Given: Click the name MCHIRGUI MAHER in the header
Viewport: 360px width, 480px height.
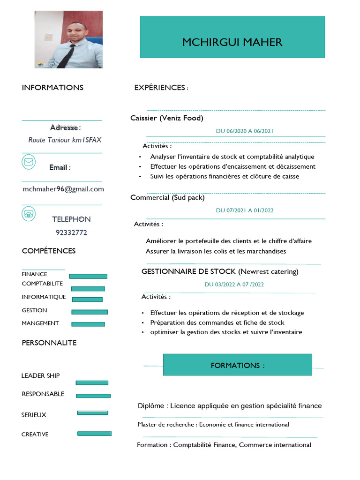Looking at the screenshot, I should tap(232, 42).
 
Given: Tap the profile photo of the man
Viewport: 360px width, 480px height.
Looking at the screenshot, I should tap(68, 39).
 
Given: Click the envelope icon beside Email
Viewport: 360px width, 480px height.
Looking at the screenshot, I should tap(29, 162).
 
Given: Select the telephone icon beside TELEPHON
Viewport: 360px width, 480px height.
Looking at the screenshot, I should tap(29, 214).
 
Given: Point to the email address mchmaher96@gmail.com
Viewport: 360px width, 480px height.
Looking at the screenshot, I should tap(63, 189).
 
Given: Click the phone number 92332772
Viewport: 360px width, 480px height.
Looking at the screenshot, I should tap(71, 232).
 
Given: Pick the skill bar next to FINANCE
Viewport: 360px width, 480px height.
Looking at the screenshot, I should tap(88, 276).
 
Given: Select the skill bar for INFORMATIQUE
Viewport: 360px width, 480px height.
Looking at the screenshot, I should tap(87, 300).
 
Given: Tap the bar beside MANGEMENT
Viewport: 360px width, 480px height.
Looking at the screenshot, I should tap(88, 324).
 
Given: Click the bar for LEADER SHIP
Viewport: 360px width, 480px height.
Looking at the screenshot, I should tap(92, 382).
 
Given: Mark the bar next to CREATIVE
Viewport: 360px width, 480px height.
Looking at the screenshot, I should tap(94, 434).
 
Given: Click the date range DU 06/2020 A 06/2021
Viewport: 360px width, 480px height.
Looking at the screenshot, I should tap(245, 131).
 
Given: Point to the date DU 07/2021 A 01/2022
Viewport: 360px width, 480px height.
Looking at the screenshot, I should tap(245, 210).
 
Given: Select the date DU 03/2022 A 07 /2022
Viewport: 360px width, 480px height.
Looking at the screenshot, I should tap(234, 285).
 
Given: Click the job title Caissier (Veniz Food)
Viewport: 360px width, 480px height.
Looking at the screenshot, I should tap(167, 118).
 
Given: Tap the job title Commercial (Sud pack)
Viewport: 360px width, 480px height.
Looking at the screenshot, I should tap(167, 198).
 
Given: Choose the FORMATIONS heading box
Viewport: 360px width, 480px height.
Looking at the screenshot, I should tap(237, 365).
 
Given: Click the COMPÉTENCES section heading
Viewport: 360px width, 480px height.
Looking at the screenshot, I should tap(49, 251).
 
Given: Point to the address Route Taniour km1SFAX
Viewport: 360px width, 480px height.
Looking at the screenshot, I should tap(65, 140).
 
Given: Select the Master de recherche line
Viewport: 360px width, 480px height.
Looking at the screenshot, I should tap(213, 425).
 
